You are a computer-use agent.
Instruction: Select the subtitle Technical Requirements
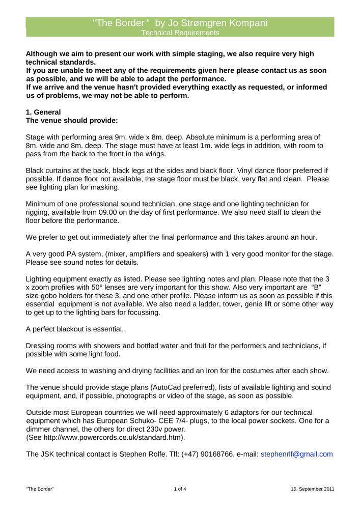pyautogui.click(x=180, y=33)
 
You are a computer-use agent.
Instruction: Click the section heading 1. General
pyautogui.click(x=43, y=112)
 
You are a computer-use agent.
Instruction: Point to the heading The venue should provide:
pyautogui.click(x=72, y=121)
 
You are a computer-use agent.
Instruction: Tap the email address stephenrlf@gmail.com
pyautogui.click(x=296, y=454)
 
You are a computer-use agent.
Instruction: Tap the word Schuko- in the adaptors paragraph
pyautogui.click(x=178, y=420)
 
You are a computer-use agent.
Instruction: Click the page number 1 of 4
pyautogui.click(x=180, y=489)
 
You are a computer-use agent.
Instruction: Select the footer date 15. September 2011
pyautogui.click(x=313, y=489)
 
